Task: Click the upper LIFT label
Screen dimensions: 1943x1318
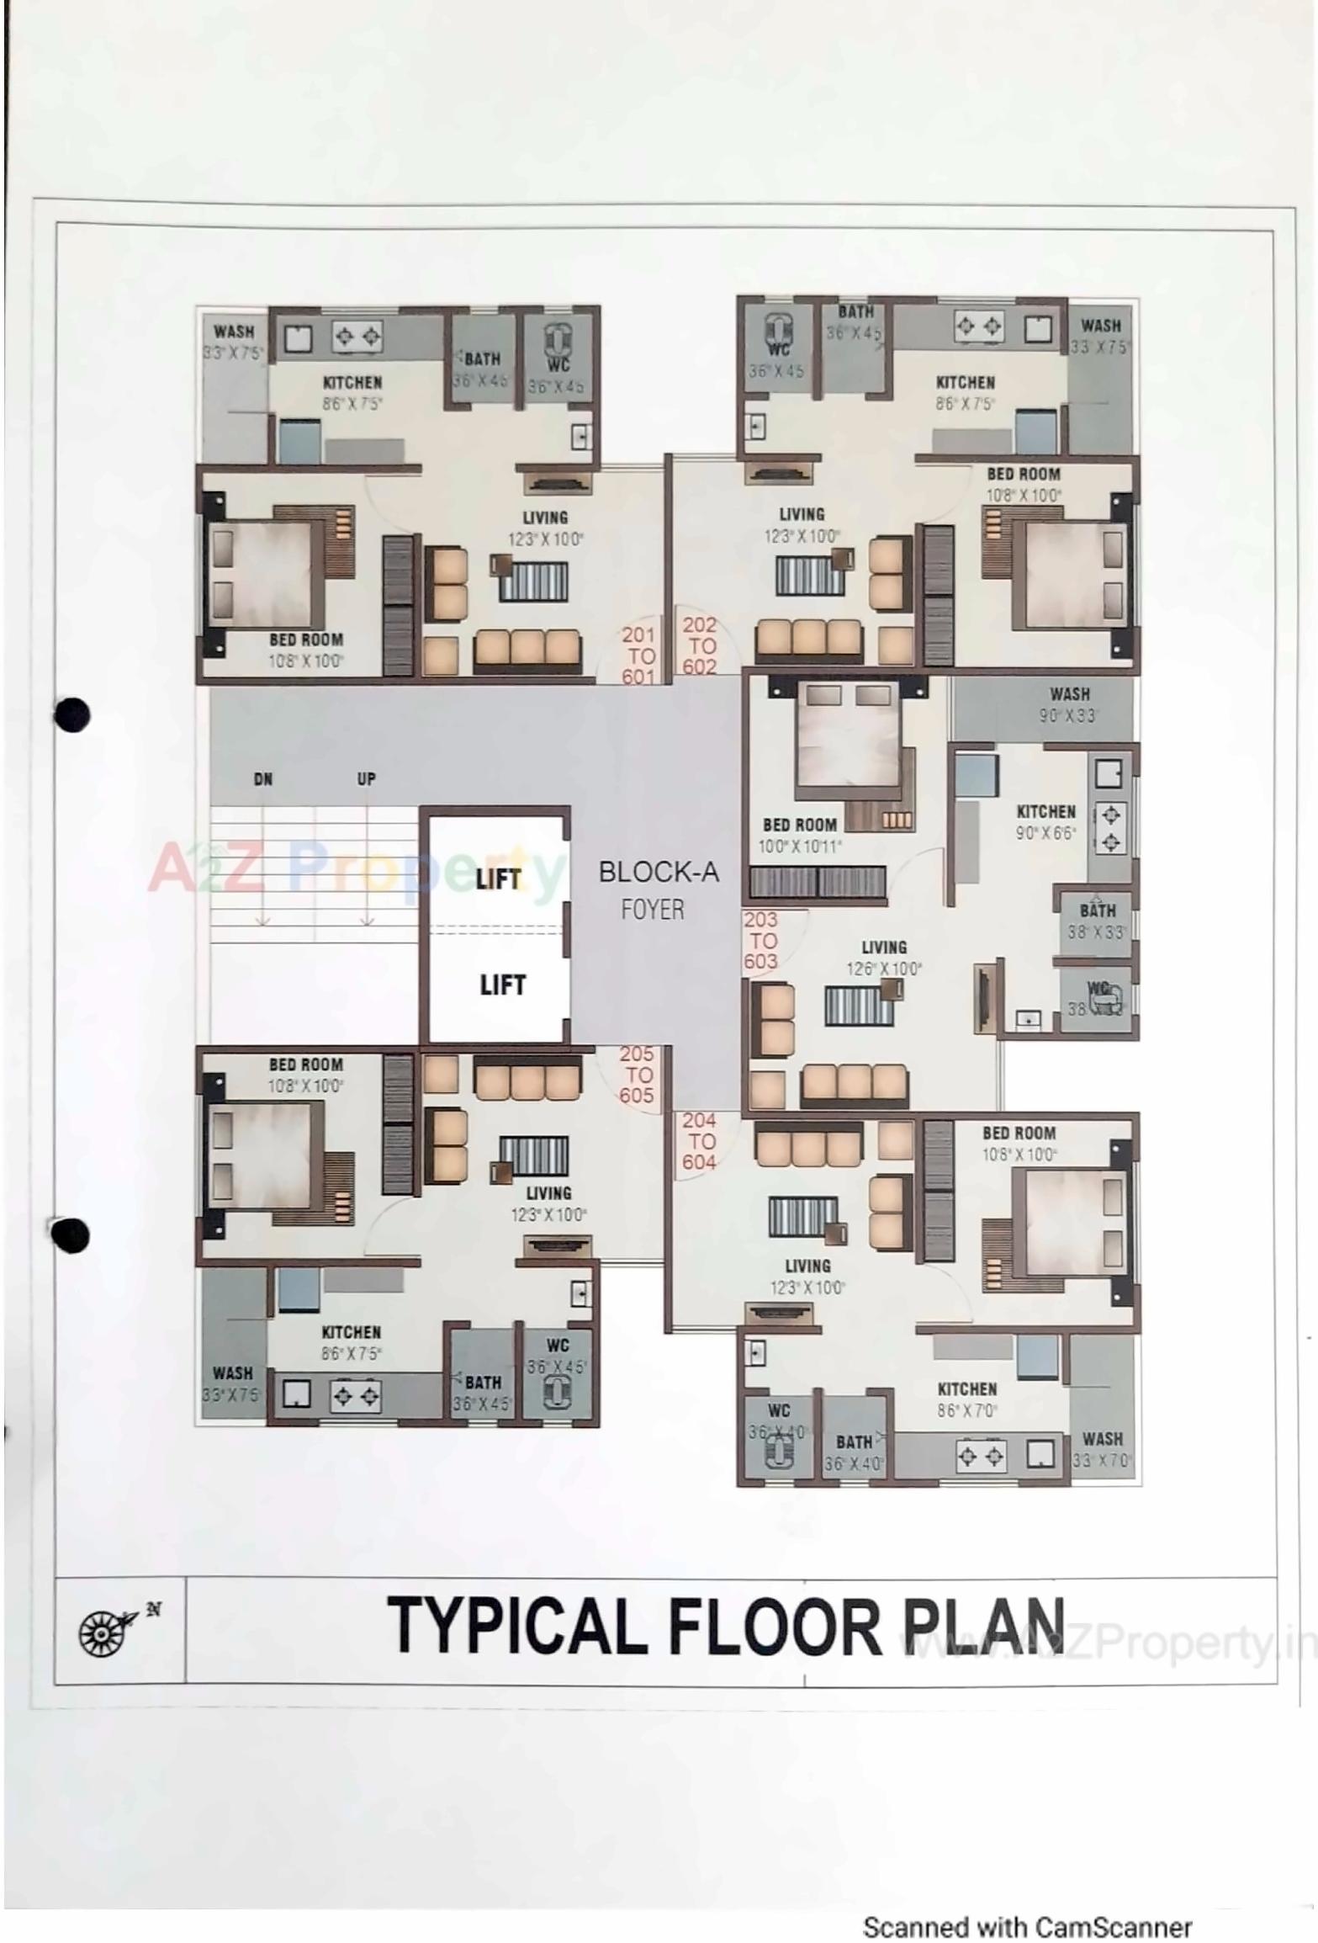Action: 499,879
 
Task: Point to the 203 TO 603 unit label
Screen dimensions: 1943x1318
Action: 760,941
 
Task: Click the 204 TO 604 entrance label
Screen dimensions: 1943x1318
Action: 699,1142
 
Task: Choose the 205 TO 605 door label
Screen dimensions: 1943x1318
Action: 637,1075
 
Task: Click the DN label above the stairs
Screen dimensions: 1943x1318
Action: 263,779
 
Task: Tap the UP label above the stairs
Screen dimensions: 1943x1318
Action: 366,779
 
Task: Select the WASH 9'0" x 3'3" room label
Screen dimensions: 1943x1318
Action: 1069,705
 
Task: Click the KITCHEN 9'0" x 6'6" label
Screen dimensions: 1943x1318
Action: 1045,822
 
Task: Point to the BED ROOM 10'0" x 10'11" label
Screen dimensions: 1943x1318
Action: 799,836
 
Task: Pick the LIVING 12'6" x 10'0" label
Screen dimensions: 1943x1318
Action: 883,958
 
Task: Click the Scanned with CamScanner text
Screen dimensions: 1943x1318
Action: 1027,1927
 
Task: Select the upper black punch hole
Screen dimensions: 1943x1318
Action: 71,714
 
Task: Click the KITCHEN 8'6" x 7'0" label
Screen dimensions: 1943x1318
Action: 966,1399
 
